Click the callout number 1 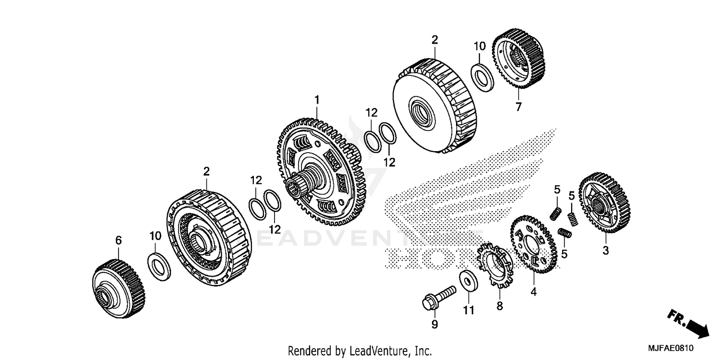(x=317, y=100)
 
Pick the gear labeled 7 (x=519, y=60)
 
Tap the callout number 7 (x=518, y=108)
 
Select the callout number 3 (x=605, y=250)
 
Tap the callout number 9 (x=434, y=325)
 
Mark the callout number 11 (x=468, y=311)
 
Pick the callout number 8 (x=499, y=306)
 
